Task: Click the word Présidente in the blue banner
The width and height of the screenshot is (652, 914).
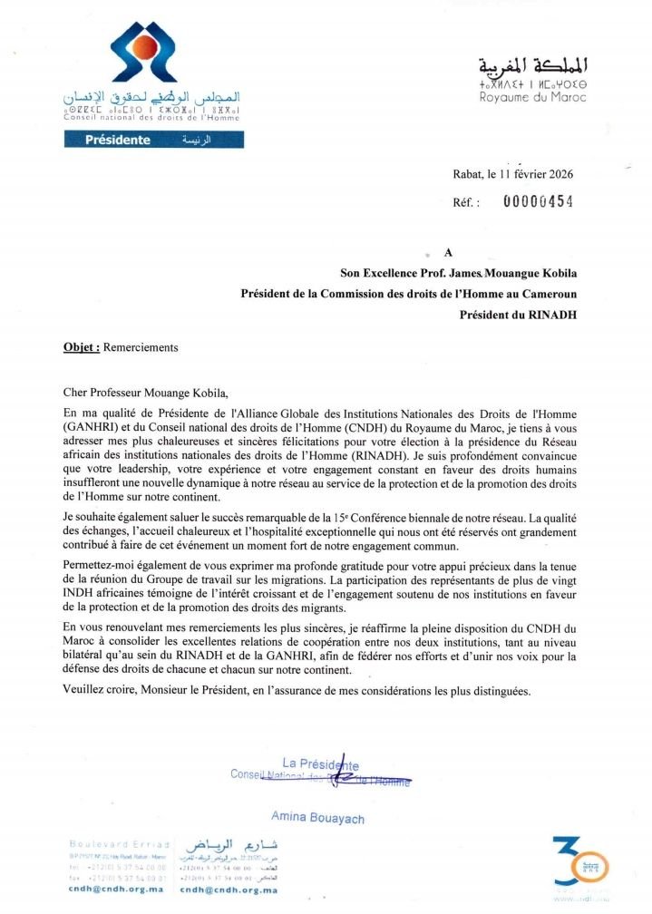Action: point(117,140)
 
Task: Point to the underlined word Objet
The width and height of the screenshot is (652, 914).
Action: point(82,347)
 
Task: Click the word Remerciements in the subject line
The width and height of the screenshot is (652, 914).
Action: point(142,347)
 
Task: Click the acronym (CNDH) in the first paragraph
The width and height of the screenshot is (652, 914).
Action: point(335,425)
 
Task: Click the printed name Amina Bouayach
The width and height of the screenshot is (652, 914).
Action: point(317,818)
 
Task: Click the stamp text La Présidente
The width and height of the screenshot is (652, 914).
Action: point(321,764)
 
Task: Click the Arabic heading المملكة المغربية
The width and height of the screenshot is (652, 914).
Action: point(533,65)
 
